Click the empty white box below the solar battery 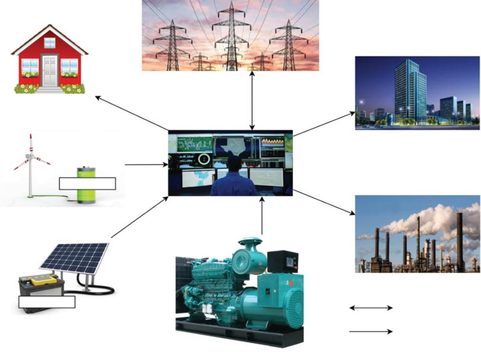coord(47,302)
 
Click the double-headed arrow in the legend coord(371,308)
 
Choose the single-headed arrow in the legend coord(371,331)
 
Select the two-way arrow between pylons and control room coord(253,100)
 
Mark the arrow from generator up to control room coord(262,217)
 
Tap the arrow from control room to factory coord(323,203)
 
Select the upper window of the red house coord(49,43)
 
